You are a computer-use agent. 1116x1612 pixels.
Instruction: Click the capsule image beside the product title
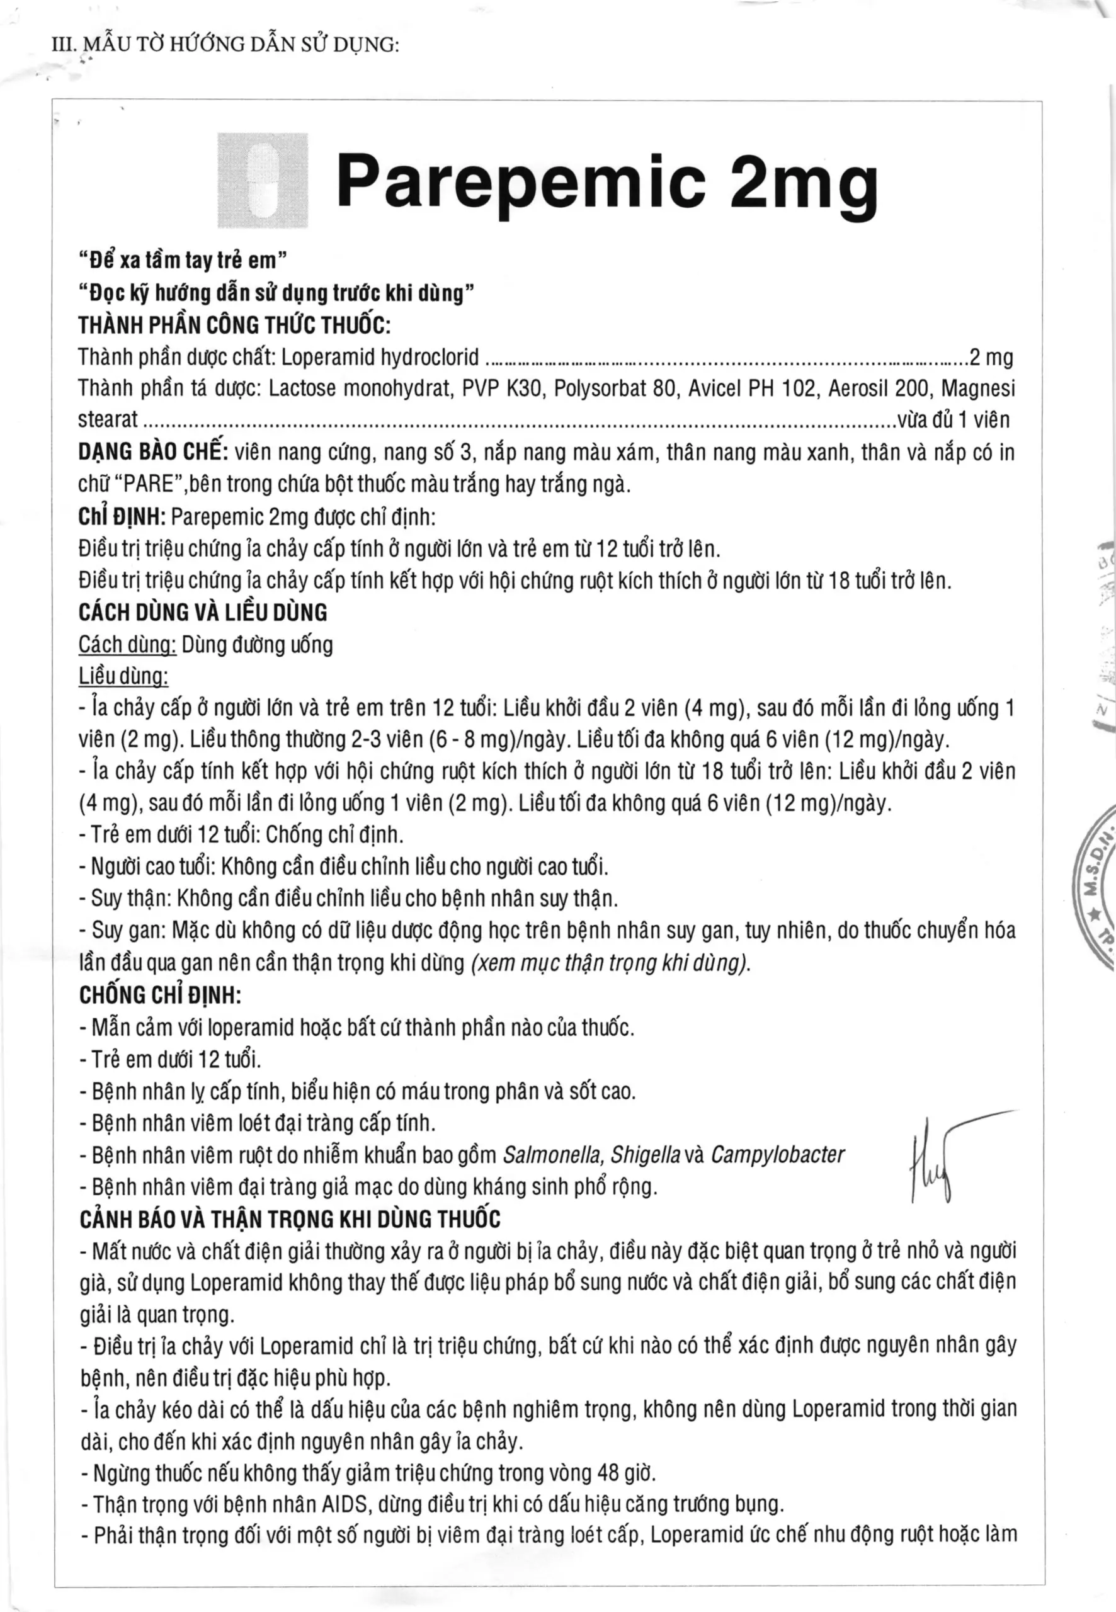point(263,180)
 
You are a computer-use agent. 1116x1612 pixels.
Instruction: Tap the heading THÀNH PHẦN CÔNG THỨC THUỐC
point(234,325)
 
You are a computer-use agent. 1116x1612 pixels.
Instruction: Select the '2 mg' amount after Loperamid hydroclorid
point(990,358)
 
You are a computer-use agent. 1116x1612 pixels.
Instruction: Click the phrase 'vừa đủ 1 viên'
point(955,419)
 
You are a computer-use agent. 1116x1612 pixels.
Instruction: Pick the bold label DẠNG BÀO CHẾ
point(153,451)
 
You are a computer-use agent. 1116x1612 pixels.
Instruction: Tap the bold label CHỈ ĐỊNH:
point(122,516)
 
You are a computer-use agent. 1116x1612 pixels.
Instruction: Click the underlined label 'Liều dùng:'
point(123,676)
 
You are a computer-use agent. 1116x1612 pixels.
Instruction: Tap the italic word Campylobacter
point(778,1155)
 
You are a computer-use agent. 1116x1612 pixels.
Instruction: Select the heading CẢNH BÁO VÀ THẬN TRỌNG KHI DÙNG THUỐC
point(290,1219)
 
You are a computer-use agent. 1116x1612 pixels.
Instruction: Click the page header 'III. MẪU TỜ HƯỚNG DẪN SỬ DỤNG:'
point(226,45)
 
